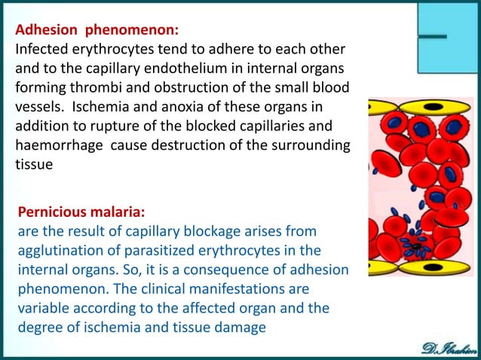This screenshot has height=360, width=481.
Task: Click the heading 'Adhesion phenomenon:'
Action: click(x=97, y=31)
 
